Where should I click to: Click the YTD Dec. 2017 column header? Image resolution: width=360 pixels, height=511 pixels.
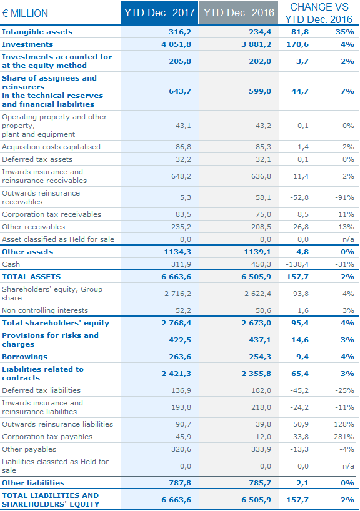pos(159,12)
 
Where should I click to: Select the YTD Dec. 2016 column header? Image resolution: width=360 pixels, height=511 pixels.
pos(239,12)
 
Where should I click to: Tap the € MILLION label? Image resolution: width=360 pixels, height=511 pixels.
pos(25,13)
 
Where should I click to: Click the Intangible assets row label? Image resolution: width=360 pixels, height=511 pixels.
pos(37,32)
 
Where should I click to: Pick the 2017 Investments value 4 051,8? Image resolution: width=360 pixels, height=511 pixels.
pos(176,44)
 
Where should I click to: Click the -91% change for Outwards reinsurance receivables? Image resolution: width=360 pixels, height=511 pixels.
pos(344,197)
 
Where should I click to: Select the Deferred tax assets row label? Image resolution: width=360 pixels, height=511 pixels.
pos(37,159)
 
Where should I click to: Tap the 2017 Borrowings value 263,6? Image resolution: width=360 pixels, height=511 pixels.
pos(180,357)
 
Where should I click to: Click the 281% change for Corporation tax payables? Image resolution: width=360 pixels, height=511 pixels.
pos(344,437)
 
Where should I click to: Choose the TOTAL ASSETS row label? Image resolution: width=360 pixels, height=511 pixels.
pos(31,277)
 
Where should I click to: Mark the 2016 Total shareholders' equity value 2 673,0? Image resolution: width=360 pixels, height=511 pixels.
pos(256,323)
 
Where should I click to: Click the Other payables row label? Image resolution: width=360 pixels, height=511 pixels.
pos(29,449)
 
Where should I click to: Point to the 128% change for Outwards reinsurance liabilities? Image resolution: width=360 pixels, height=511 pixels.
pos(344,424)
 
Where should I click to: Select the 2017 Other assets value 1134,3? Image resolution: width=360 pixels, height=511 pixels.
pos(177,252)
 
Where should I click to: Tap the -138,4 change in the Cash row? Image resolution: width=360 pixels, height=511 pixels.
pos(297,264)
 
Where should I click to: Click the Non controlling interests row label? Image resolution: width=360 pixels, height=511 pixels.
pos(45,310)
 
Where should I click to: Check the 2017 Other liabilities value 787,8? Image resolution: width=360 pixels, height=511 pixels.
pos(180,483)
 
